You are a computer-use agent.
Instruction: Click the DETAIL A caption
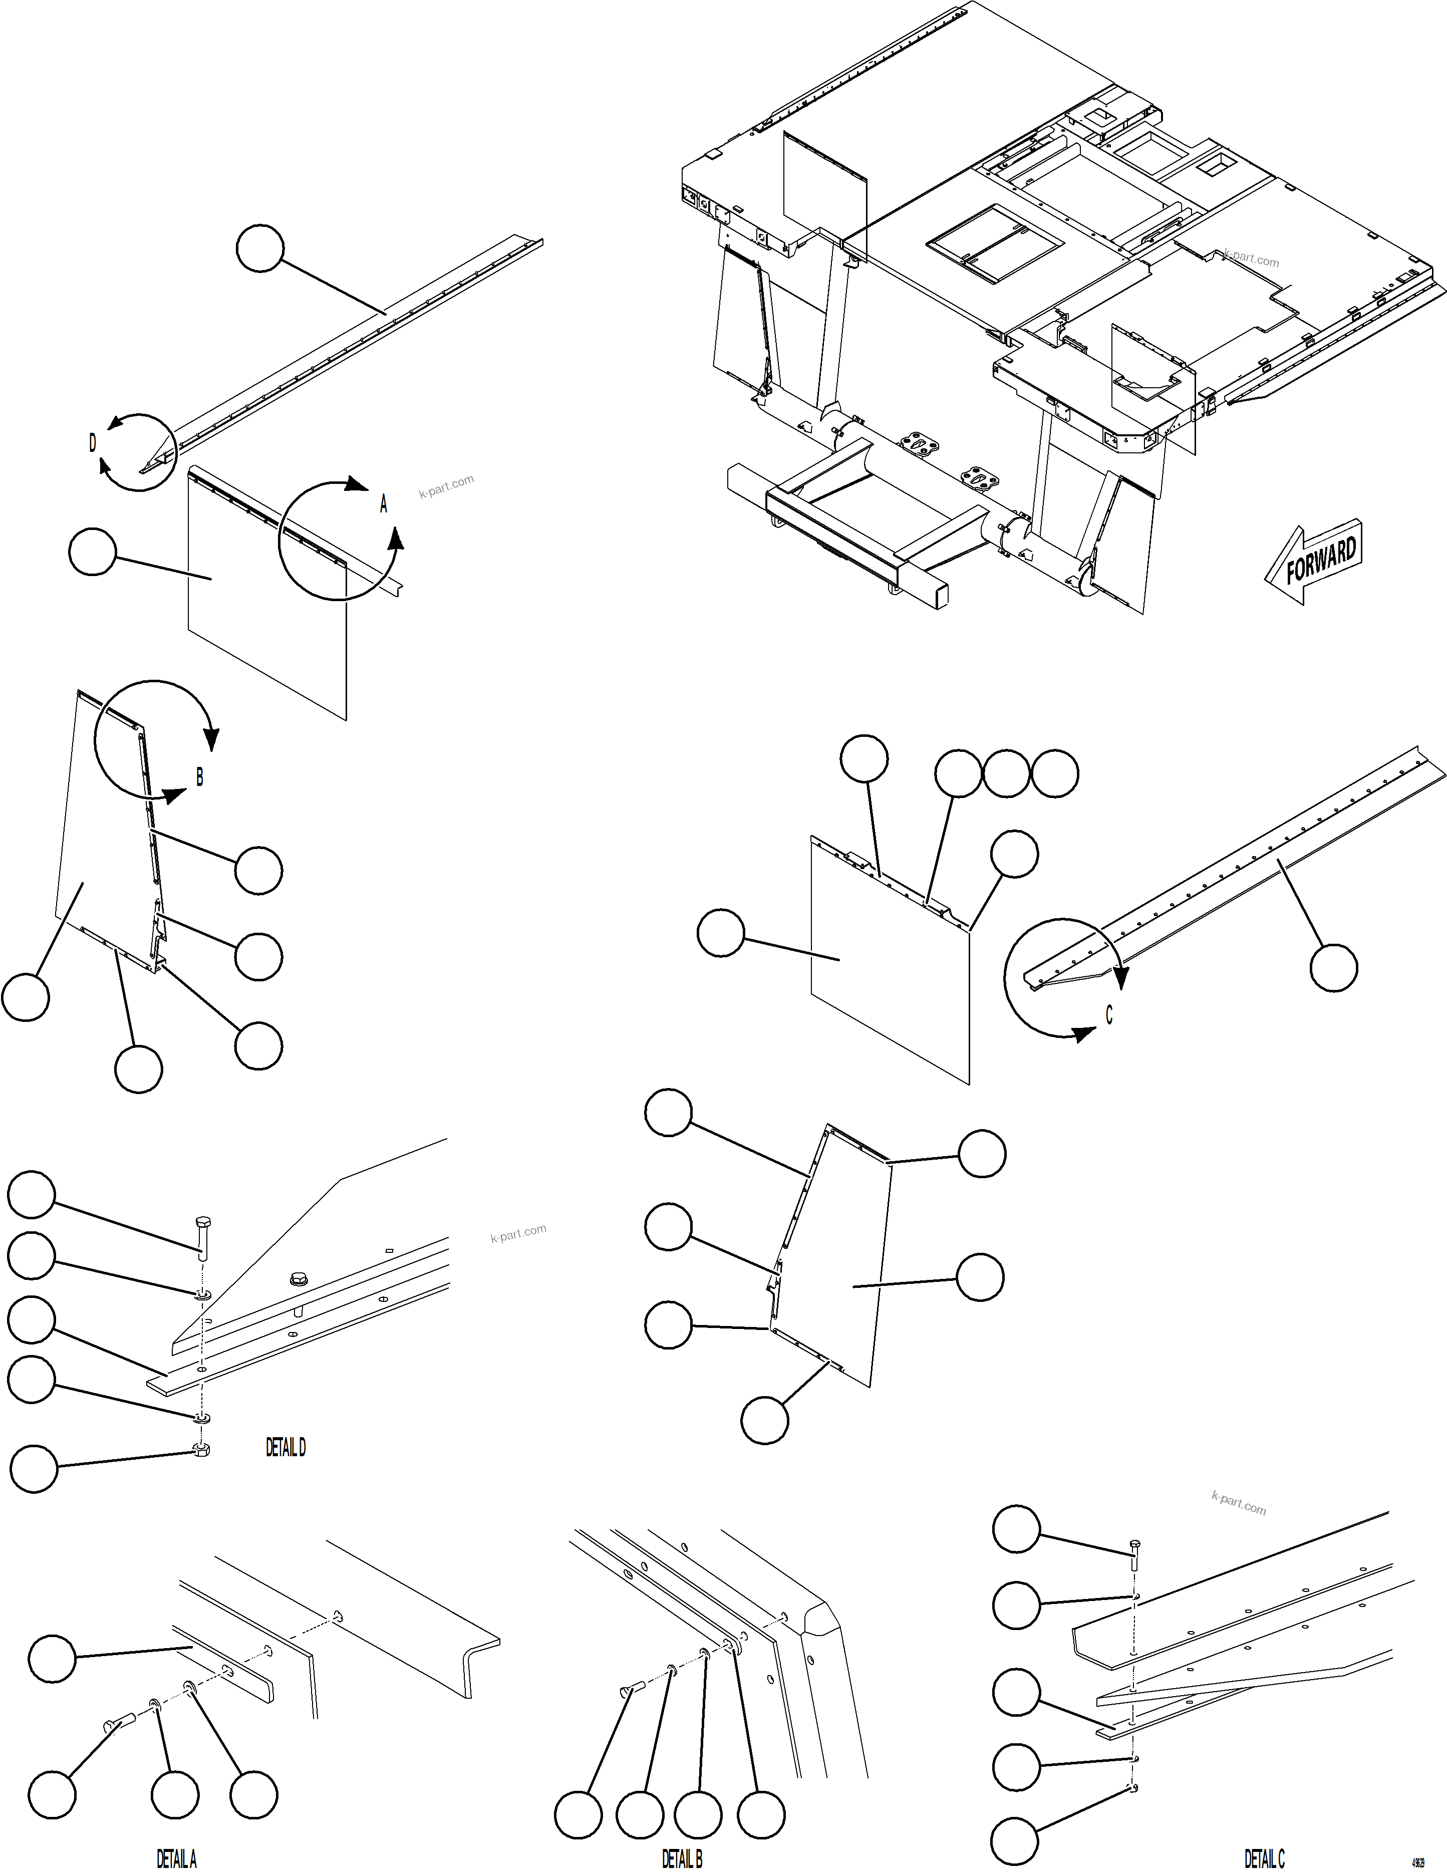[x=177, y=1858]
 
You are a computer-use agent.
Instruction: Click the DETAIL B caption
[x=682, y=1858]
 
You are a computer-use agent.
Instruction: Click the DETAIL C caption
[x=1264, y=1858]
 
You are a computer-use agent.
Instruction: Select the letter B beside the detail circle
[x=200, y=776]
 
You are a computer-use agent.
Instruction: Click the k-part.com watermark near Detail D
[x=518, y=1233]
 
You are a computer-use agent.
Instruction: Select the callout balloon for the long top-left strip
[x=259, y=248]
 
